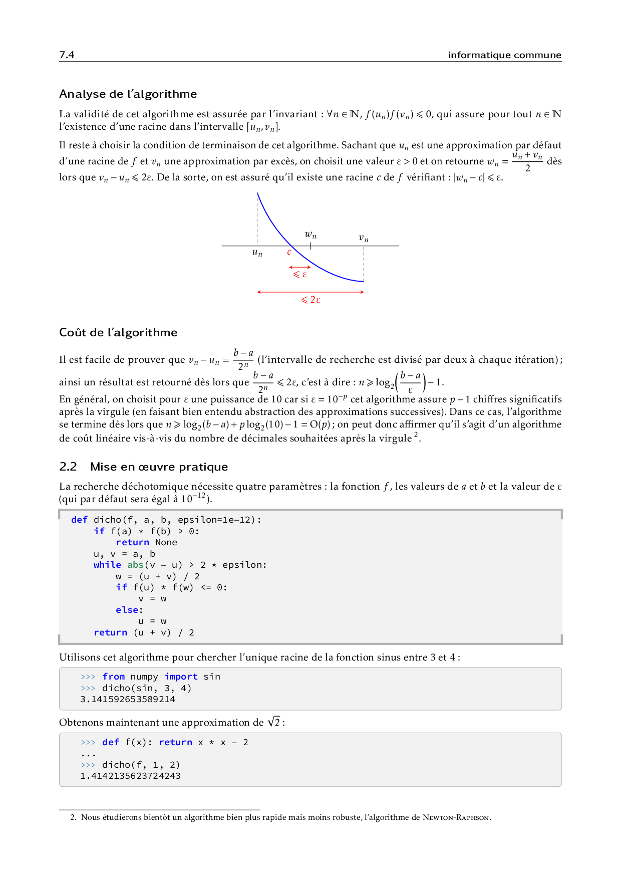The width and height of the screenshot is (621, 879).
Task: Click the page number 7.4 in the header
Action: click(x=67, y=55)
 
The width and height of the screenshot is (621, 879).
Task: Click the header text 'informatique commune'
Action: click(x=504, y=55)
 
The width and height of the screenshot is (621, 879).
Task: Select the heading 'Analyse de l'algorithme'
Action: click(x=128, y=94)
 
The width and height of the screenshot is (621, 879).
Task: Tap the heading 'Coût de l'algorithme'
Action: click(x=118, y=332)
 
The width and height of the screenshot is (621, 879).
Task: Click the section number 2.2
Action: click(x=68, y=467)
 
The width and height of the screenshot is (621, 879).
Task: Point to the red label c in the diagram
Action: click(x=289, y=252)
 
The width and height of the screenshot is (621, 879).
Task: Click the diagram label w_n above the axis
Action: click(x=310, y=235)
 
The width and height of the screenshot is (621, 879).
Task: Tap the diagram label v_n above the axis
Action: click(x=364, y=238)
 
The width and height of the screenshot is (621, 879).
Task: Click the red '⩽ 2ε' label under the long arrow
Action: click(x=310, y=300)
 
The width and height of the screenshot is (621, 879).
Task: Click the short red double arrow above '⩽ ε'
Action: click(x=300, y=267)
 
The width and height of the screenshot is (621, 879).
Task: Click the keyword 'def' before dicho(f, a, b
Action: click(x=79, y=520)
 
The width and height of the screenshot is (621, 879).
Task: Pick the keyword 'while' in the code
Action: click(x=107, y=565)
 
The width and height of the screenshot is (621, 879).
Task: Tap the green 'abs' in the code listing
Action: click(x=135, y=565)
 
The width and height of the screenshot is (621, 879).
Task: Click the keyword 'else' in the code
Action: click(x=128, y=610)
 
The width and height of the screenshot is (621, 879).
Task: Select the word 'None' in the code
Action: click(x=166, y=542)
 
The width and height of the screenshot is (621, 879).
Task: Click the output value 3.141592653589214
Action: click(x=128, y=699)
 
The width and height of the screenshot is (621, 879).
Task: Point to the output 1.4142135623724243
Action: click(x=130, y=776)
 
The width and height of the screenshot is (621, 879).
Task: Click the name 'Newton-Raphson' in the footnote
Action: click(x=456, y=817)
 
